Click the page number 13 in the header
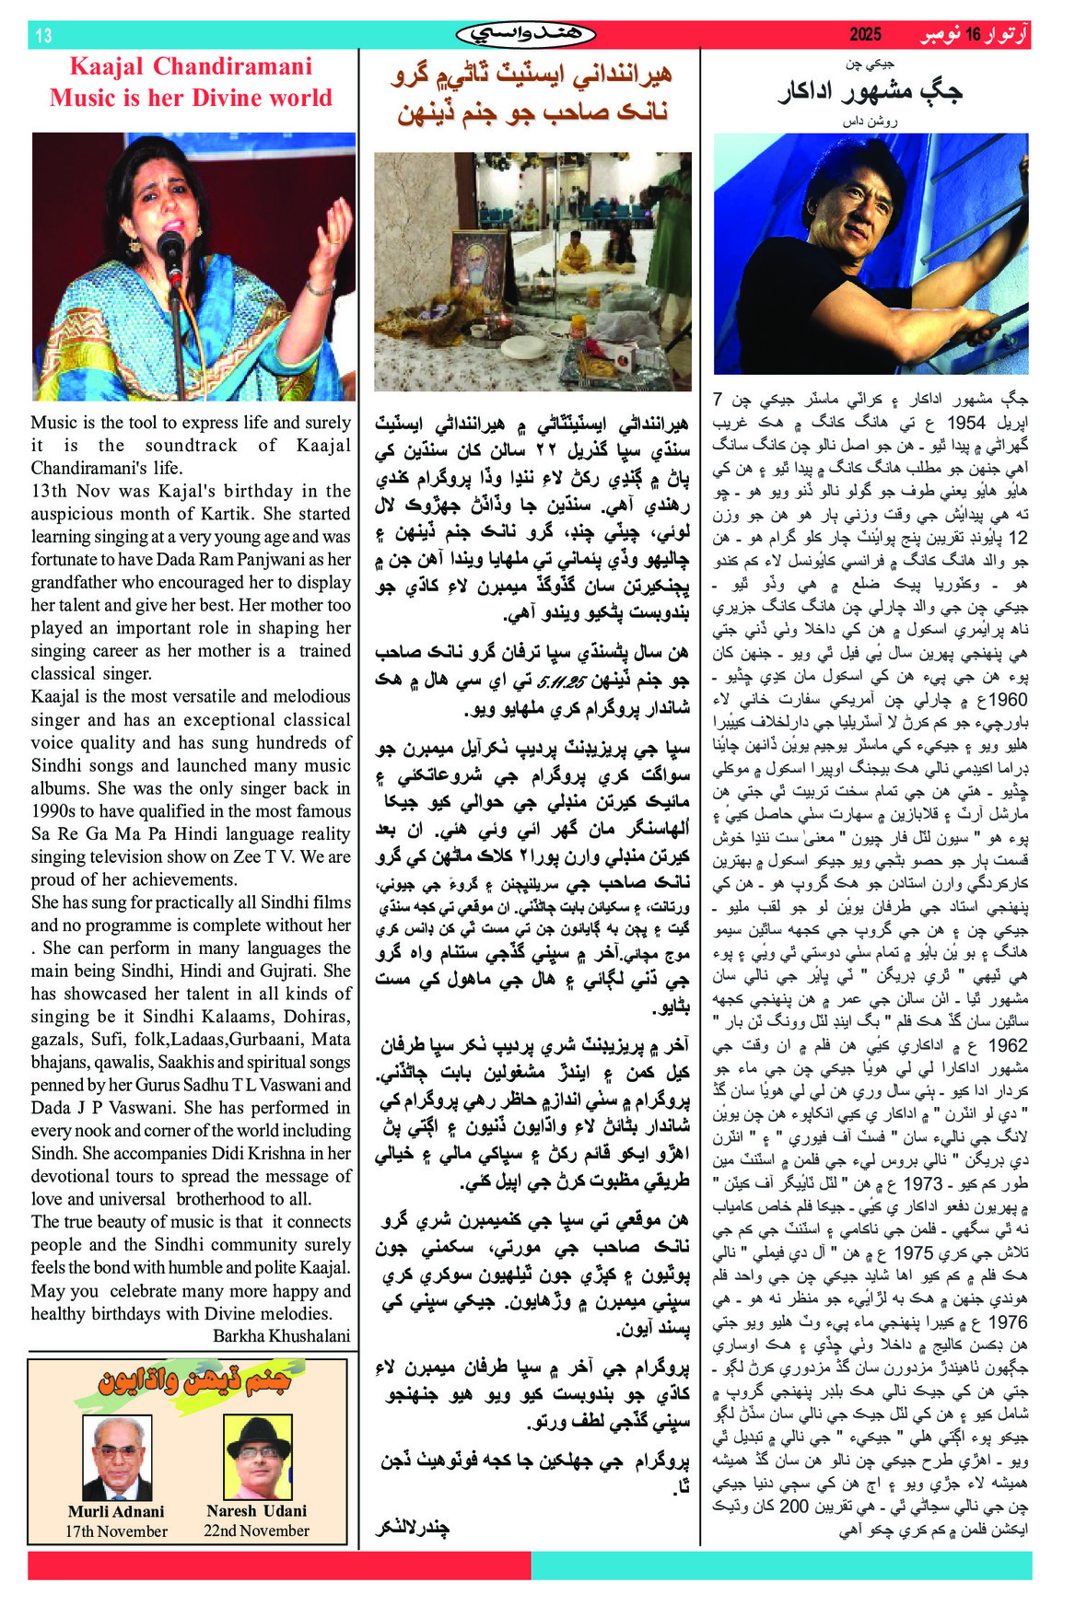43,36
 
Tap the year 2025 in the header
865,35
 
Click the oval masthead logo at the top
526,35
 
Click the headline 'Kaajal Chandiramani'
191,66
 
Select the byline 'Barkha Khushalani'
282,1335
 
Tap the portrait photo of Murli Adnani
117,1458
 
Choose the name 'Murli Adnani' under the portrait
116,1511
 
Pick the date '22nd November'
257,1530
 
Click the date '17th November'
116,1531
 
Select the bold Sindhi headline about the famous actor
870,91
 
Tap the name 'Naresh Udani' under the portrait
257,1510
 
